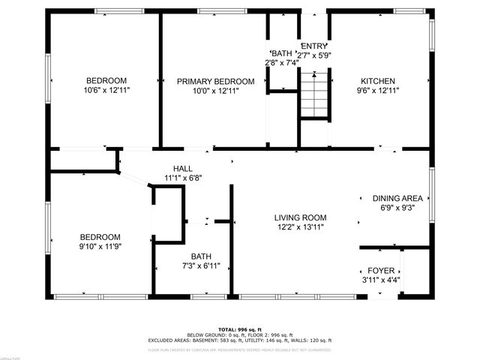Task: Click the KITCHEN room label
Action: [378, 81]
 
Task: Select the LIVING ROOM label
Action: [300, 217]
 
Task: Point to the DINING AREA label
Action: [398, 199]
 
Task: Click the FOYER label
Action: [381, 270]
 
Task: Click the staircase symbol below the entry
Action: [314, 94]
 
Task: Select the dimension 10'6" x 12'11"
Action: [106, 91]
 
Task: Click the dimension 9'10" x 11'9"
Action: [100, 246]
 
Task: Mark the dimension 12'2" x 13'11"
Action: [300, 227]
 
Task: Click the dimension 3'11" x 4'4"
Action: [381, 280]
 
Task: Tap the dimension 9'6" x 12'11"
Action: [378, 91]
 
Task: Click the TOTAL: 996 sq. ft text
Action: [239, 329]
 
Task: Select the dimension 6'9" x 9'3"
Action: [398, 208]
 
